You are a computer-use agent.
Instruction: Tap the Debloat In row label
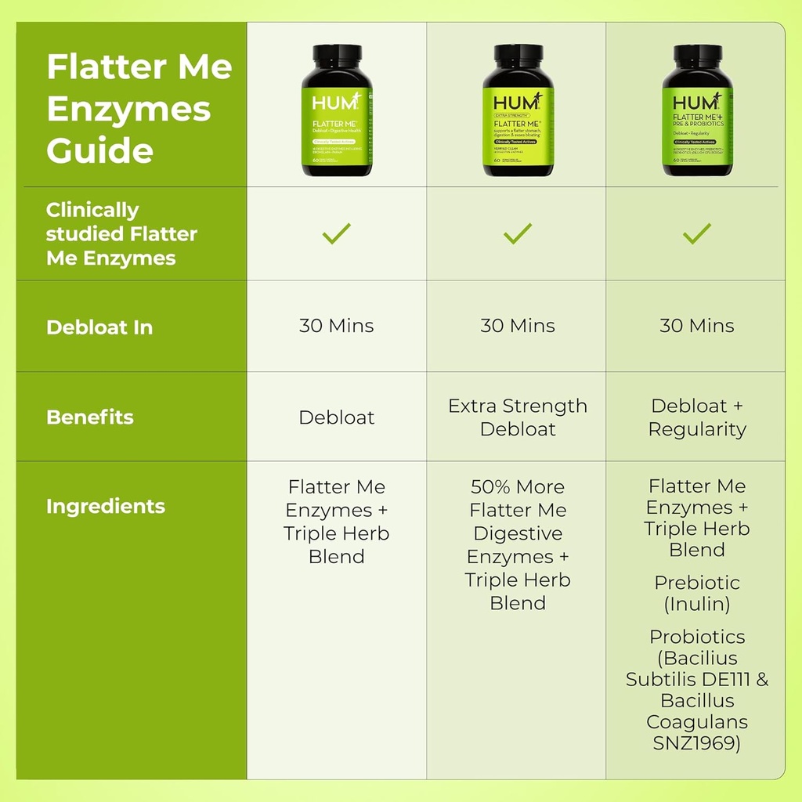tap(99, 327)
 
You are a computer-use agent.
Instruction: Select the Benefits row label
tap(90, 417)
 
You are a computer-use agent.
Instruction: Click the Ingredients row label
tap(106, 506)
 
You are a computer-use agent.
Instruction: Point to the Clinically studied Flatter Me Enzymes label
tap(121, 233)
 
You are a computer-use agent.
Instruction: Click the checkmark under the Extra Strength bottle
tap(517, 233)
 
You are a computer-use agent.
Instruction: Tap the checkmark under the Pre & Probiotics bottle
tap(696, 233)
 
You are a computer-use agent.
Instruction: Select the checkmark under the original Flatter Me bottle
tap(337, 233)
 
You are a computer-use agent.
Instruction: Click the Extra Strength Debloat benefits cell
tap(517, 417)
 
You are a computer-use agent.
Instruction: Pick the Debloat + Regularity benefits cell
tap(696, 417)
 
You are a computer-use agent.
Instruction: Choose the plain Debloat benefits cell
tap(337, 417)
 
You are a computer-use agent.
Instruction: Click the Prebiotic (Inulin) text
tap(696, 593)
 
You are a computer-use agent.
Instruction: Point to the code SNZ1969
tap(696, 742)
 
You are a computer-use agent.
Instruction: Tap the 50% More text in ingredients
tap(517, 486)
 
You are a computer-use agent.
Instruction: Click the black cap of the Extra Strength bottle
tap(517, 56)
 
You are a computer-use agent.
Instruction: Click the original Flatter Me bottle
tap(337, 111)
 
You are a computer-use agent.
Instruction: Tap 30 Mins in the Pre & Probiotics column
tap(696, 326)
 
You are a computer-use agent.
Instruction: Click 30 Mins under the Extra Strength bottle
tap(517, 326)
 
